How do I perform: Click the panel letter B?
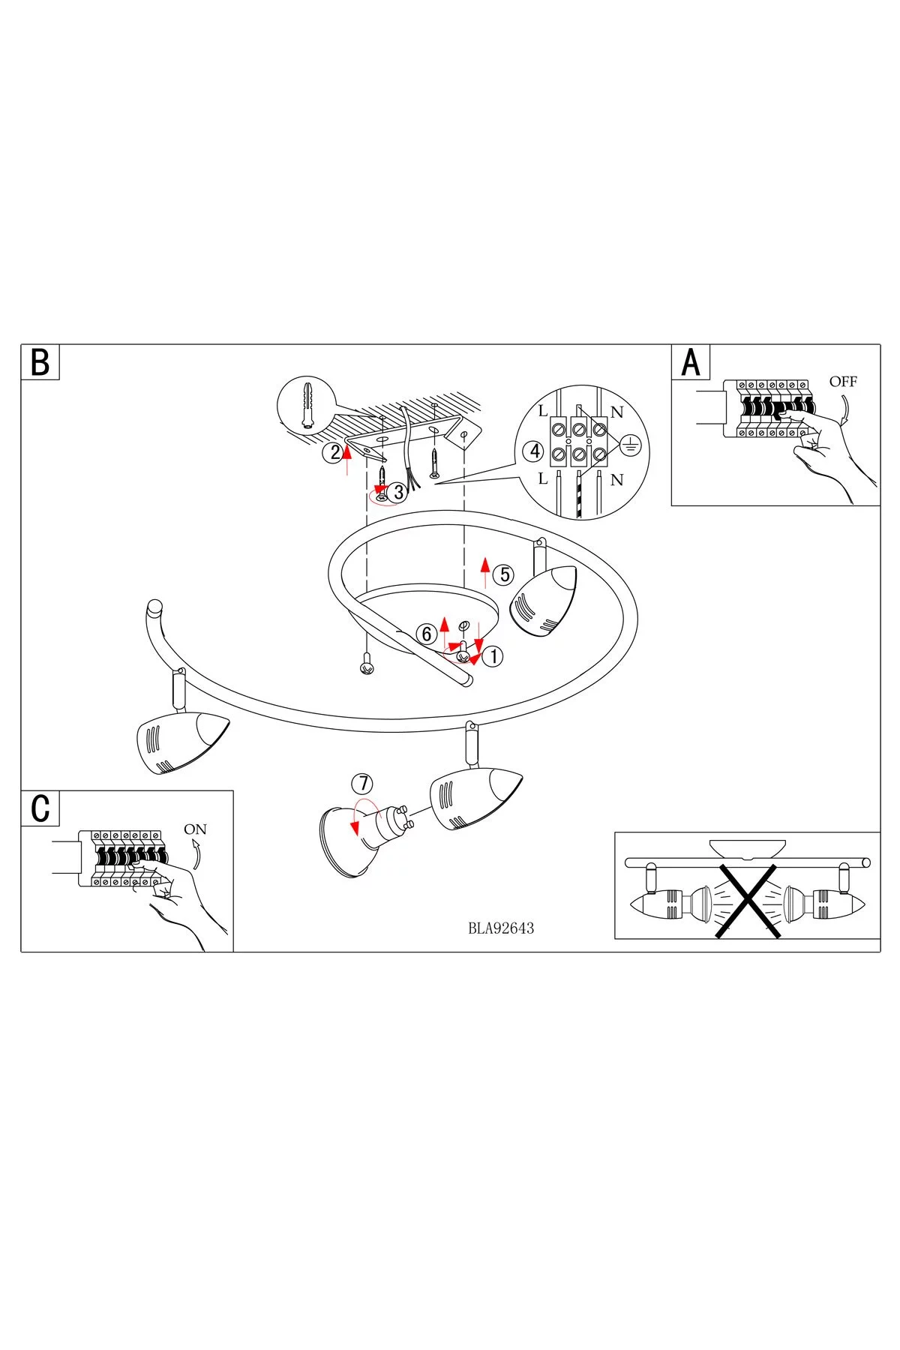[x=40, y=362]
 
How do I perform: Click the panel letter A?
[x=690, y=362]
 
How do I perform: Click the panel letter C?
[x=40, y=808]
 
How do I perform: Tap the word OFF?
[x=842, y=382]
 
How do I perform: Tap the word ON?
[x=195, y=829]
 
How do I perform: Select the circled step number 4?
[x=535, y=452]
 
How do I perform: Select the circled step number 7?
[x=362, y=784]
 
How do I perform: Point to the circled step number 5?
[x=504, y=575]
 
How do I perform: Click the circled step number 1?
[x=493, y=656]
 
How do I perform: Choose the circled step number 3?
[x=398, y=493]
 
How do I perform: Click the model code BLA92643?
[x=501, y=928]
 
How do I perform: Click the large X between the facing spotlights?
[x=746, y=899]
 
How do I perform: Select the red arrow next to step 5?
[x=485, y=572]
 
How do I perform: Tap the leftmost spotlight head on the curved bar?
[x=180, y=742]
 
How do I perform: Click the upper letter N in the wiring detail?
[x=617, y=412]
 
